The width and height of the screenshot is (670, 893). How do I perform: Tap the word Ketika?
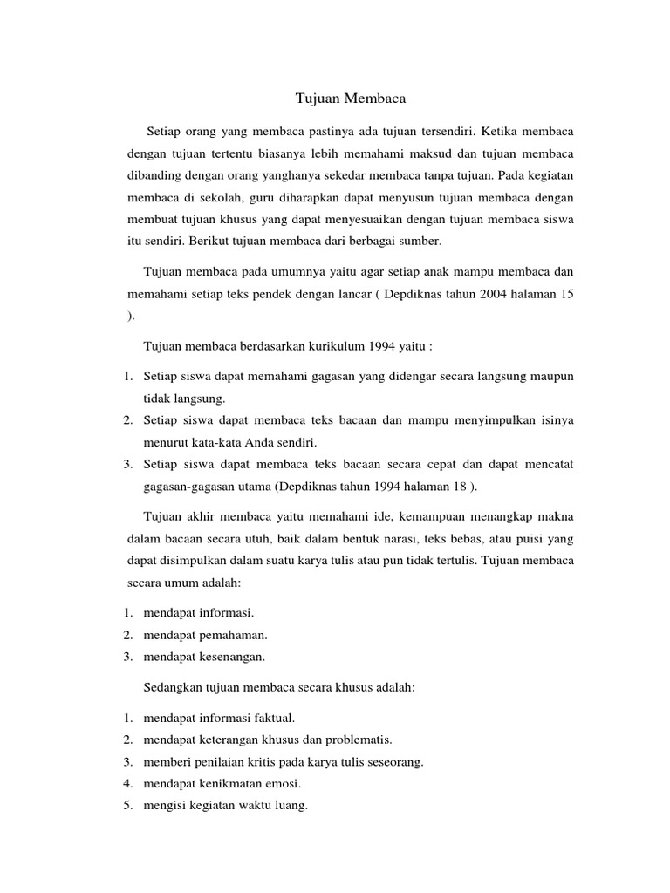[503, 131]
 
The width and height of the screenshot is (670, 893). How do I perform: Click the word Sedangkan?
[173, 687]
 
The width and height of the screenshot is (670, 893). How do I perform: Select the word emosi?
[284, 783]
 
